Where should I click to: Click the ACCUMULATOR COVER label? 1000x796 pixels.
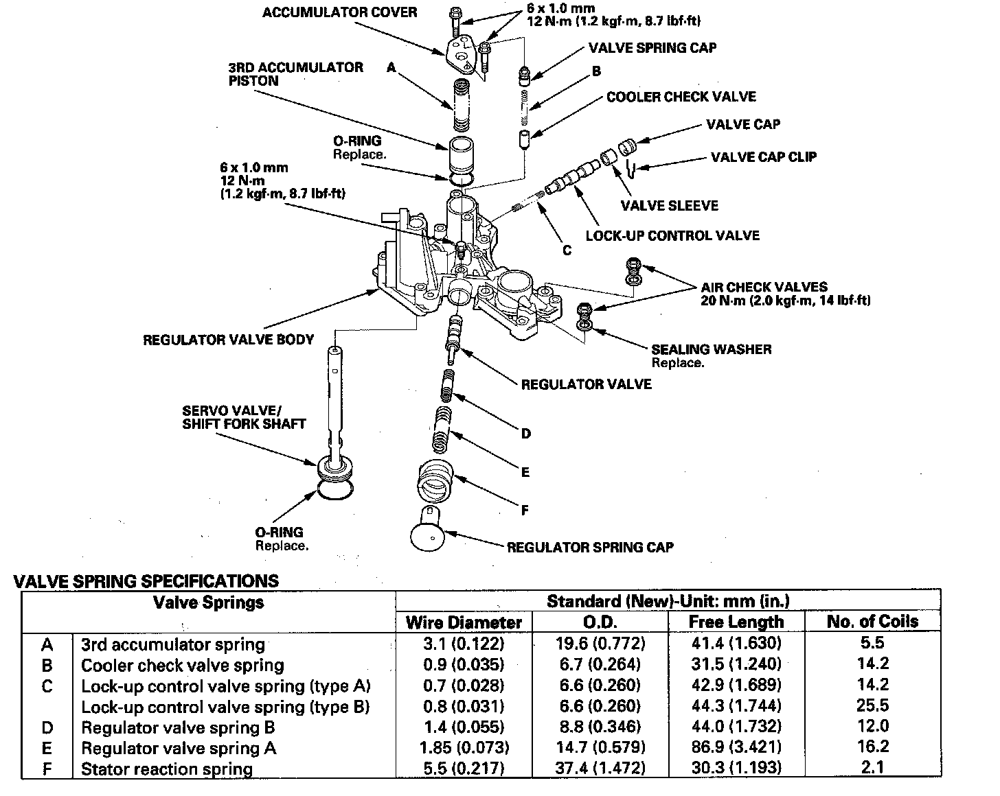pos(339,12)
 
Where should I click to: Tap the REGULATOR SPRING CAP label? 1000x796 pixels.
pos(590,547)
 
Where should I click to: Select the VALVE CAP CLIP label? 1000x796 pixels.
pos(764,157)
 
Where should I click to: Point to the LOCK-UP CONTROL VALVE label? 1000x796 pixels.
pos(672,235)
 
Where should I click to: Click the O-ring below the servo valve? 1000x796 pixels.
pos(336,491)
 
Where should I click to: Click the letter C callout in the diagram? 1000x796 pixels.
pos(567,250)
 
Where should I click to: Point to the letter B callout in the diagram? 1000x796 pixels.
pos(596,71)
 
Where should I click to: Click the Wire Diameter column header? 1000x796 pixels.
pos(464,622)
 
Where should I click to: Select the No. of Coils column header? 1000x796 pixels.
pos(872,622)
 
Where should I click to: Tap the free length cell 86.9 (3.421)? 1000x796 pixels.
pos(736,747)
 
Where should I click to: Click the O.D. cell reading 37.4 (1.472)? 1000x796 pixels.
pos(600,768)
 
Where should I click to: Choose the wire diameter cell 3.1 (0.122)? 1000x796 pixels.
pos(464,644)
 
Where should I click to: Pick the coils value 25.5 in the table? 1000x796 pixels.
pos(872,705)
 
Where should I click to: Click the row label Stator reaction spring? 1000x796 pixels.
pos(167,769)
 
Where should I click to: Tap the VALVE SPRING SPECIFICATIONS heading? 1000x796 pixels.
pos(146,581)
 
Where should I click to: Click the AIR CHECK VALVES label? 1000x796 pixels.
pos(764,287)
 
